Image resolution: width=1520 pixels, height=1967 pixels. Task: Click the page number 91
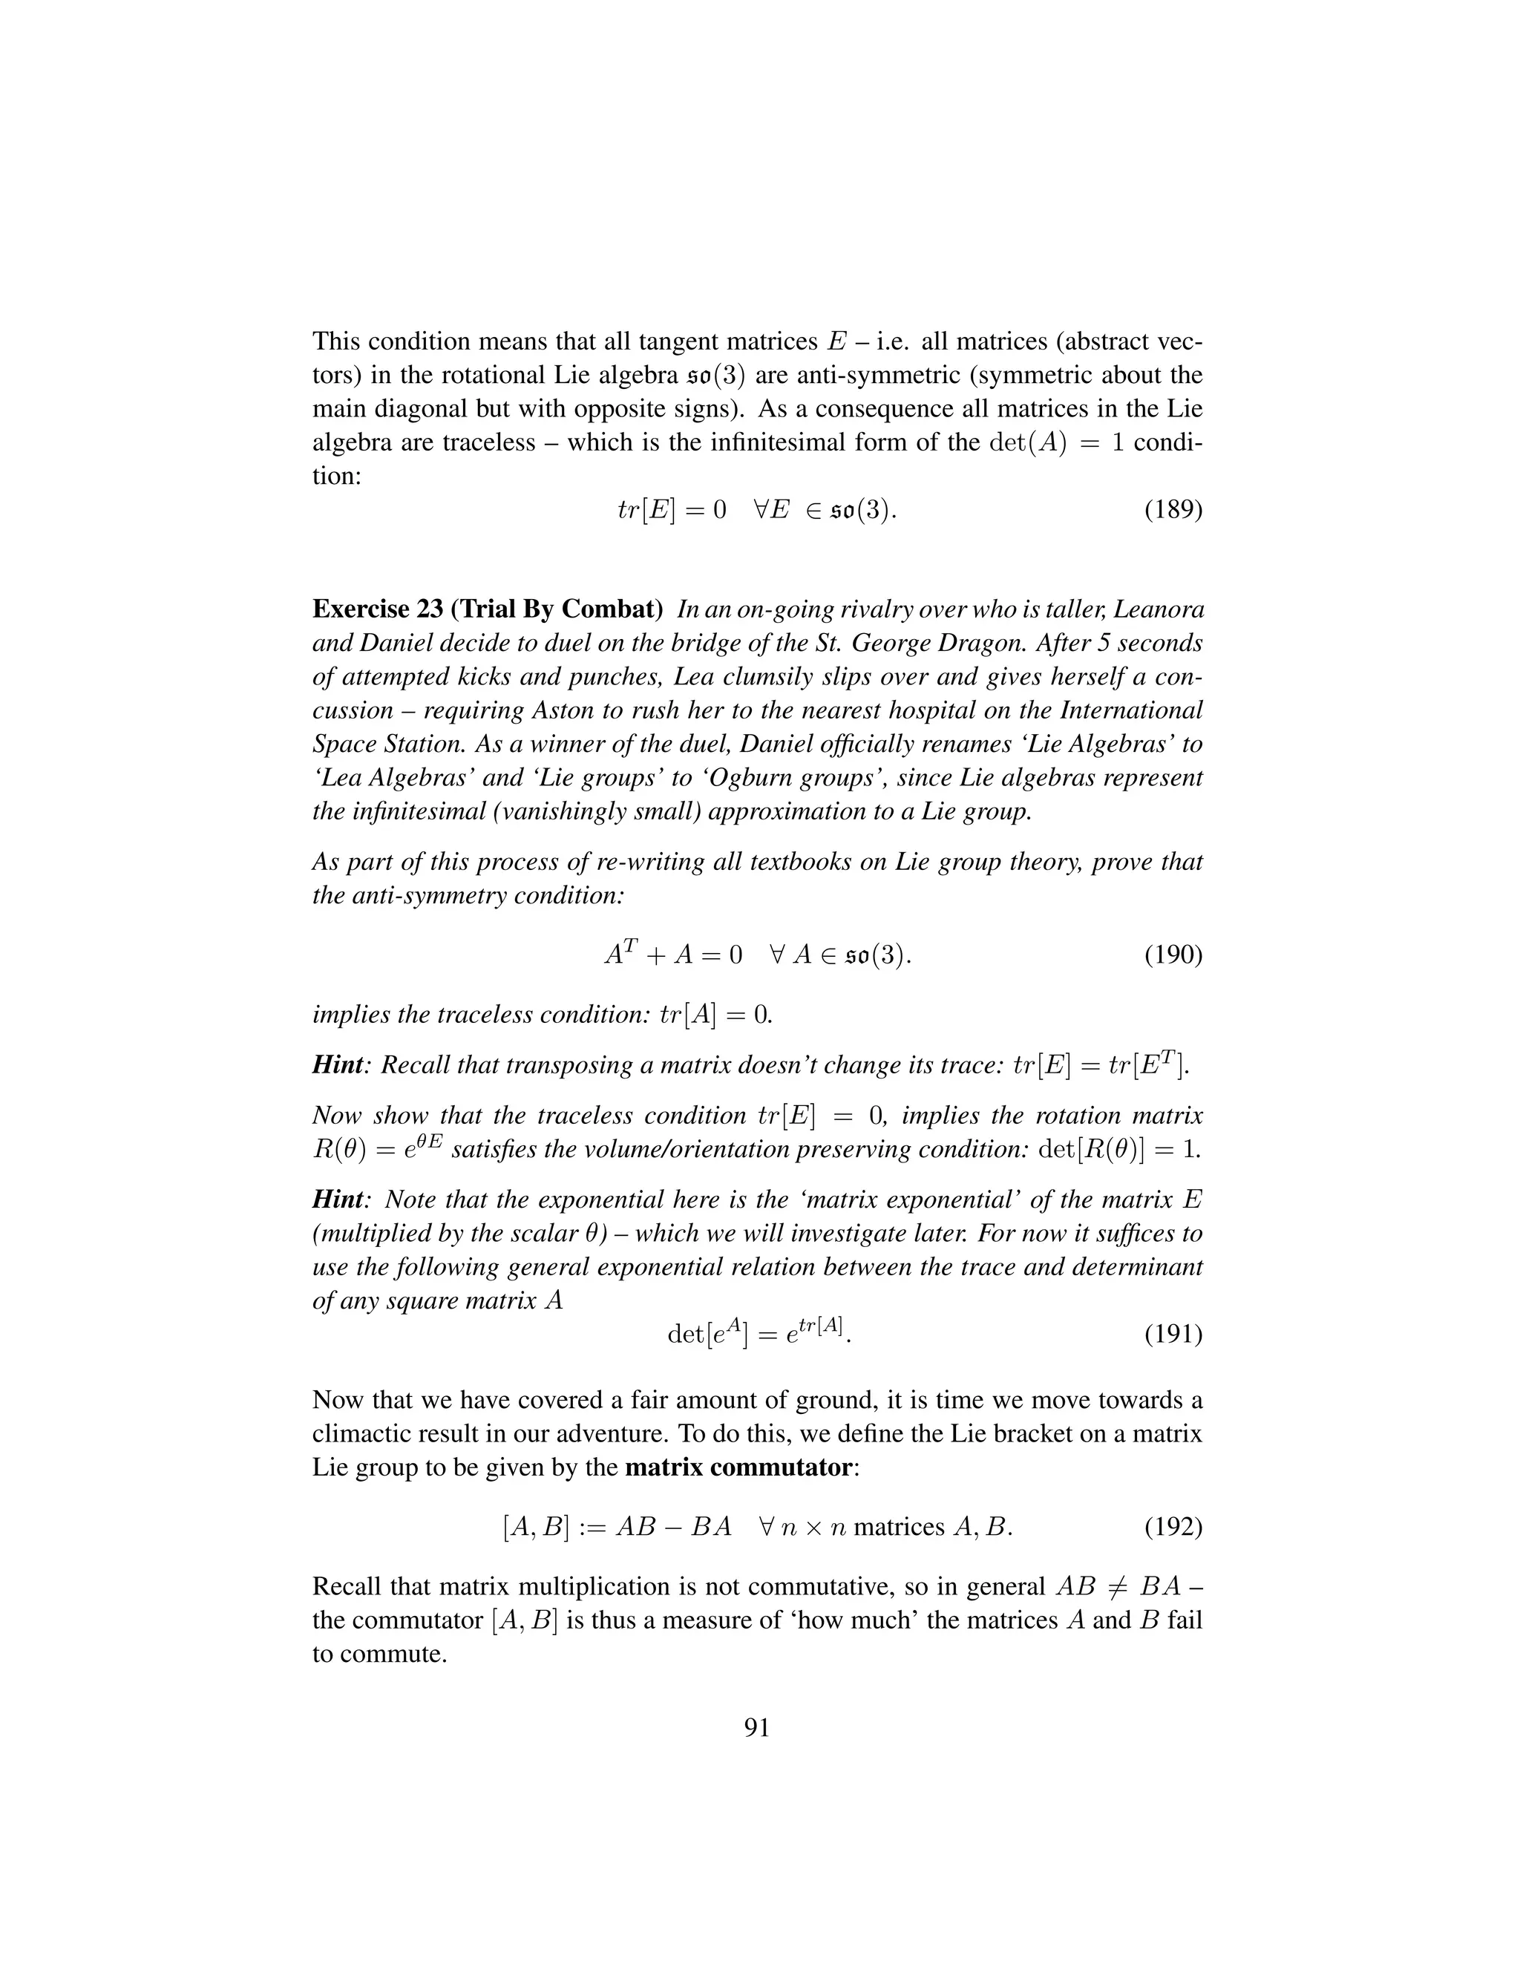coord(757,1727)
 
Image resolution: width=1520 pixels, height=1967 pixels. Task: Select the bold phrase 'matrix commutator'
coord(738,1468)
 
